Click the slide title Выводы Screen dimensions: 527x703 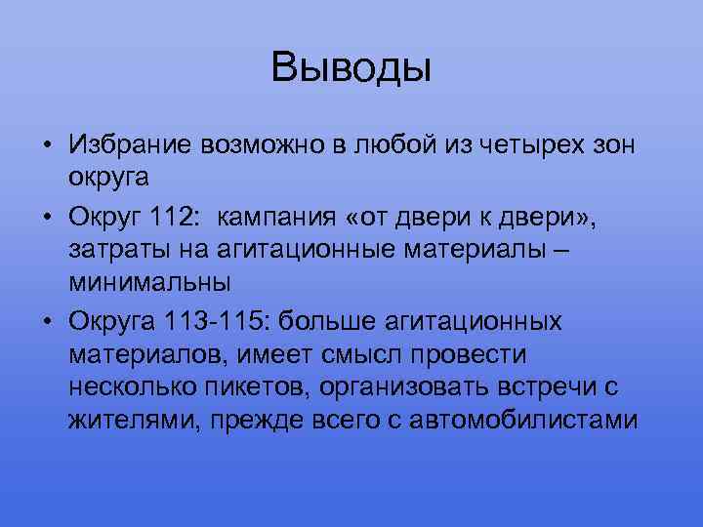(x=351, y=67)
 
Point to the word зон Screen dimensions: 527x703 (x=612, y=145)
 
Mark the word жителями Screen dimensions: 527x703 (x=126, y=423)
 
